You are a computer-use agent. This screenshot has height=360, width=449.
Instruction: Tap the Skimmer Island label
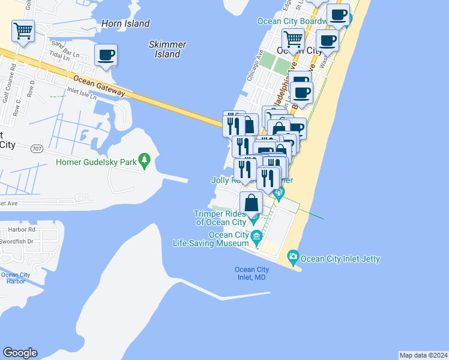(x=167, y=49)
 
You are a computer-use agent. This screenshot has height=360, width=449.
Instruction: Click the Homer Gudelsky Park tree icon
(x=144, y=161)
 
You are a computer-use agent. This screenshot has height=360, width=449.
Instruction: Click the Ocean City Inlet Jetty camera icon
(x=293, y=258)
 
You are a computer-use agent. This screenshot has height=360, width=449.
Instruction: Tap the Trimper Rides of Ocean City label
(x=220, y=218)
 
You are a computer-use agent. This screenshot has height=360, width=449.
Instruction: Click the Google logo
(x=20, y=353)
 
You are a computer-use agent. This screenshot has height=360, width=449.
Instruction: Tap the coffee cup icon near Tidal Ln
(x=106, y=55)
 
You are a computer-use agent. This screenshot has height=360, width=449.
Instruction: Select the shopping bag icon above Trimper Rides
(x=252, y=202)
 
